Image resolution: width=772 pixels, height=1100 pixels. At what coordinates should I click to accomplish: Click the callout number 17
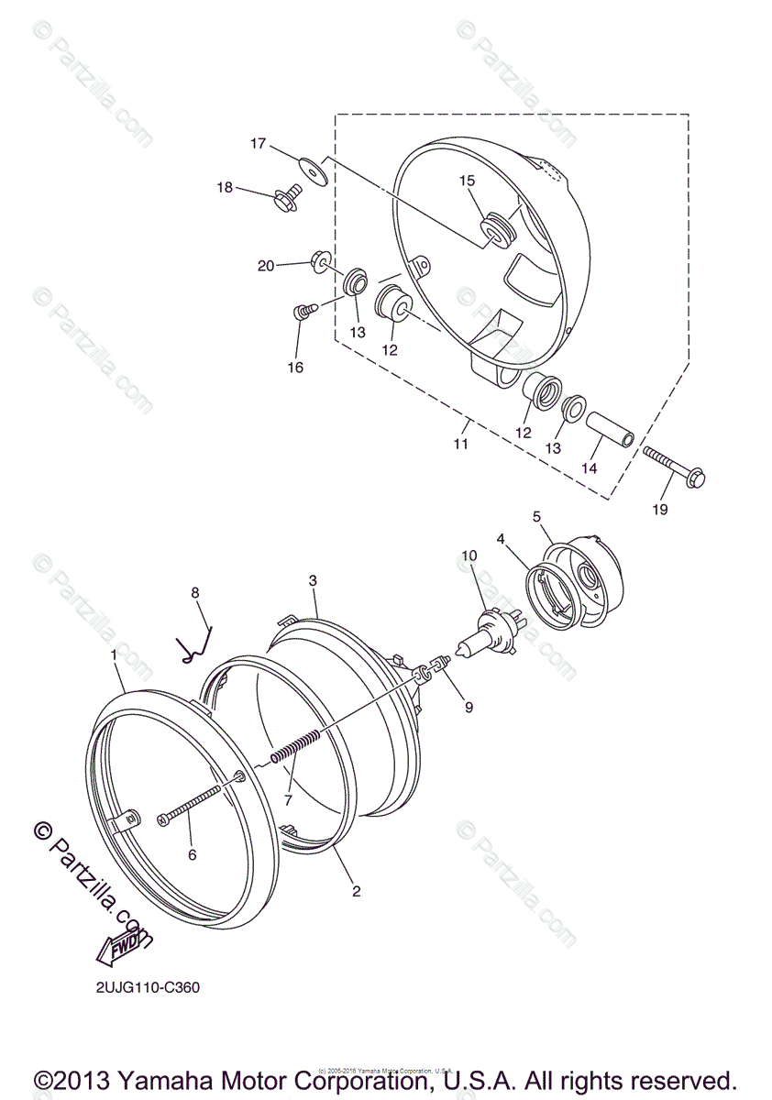tap(258, 144)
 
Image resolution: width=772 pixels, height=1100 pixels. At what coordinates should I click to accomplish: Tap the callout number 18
tap(225, 188)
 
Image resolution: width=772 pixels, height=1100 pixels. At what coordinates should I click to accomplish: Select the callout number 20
tap(266, 266)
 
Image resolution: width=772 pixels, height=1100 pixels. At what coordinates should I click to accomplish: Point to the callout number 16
tap(295, 368)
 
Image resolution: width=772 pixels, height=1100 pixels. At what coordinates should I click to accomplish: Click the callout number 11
tap(460, 444)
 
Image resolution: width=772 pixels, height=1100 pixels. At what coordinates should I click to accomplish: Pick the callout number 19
tap(659, 509)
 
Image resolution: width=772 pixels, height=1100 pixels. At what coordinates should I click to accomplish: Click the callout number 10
tap(469, 555)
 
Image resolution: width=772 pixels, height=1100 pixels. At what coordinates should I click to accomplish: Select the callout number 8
tap(194, 593)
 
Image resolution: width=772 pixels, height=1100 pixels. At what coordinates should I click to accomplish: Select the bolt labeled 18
tap(287, 197)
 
